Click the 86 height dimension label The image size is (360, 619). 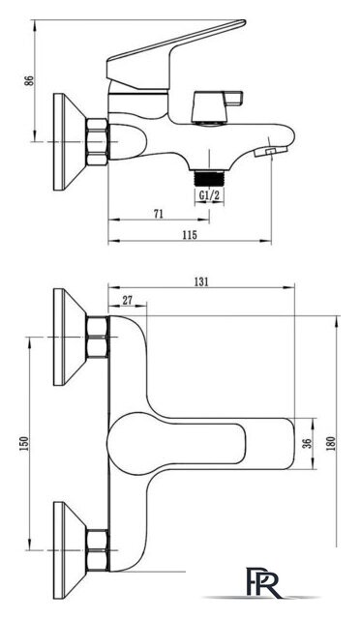(29, 81)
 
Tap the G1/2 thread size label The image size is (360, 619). (209, 195)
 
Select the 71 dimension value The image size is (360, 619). (159, 214)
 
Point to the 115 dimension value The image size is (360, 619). (190, 235)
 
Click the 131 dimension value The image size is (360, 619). (201, 281)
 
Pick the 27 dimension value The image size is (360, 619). (127, 300)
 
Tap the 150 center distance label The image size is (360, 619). (24, 444)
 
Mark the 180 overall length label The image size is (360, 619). (331, 444)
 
